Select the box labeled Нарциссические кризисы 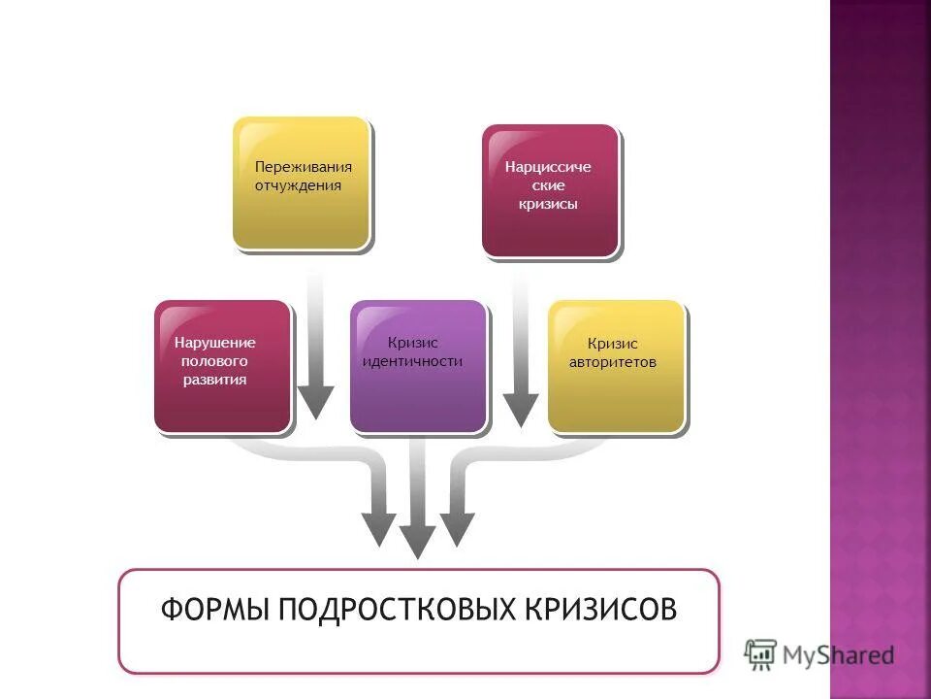(x=550, y=190)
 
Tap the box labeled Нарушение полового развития (x=222, y=365)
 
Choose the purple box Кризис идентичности (x=418, y=365)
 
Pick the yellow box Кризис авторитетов (x=616, y=365)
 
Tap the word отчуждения (x=298, y=185)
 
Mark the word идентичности (x=412, y=361)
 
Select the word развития (x=215, y=380)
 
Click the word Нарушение (x=215, y=343)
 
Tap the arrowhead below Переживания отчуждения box (x=315, y=402)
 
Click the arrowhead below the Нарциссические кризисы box (x=521, y=410)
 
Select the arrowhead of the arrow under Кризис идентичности (x=417, y=542)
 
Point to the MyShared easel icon (x=760, y=653)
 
